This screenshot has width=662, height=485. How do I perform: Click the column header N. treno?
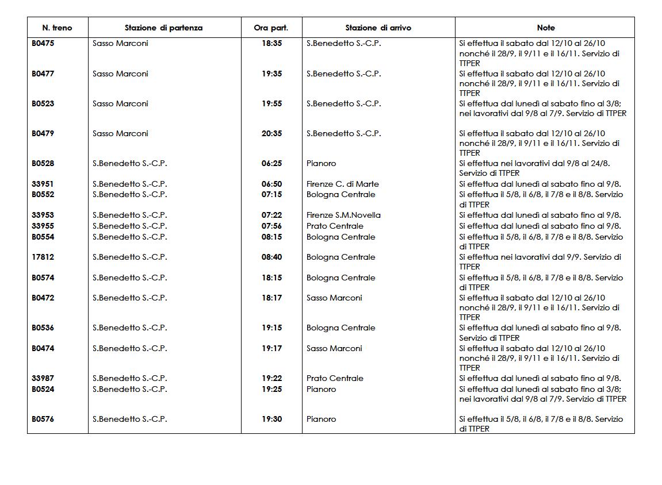58,28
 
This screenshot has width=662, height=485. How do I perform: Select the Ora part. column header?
271,28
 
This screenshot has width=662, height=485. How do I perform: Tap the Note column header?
545,28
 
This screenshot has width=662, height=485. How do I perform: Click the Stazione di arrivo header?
378,28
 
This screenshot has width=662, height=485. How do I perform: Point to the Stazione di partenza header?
163,28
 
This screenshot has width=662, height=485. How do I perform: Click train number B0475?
43,43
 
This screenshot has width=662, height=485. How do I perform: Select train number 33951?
43,184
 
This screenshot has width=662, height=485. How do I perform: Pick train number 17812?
43,257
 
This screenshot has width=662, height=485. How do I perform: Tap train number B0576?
43,419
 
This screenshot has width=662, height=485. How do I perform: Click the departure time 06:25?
271,163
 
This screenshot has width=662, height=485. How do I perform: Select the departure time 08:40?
271,257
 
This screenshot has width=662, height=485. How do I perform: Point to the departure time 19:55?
271,103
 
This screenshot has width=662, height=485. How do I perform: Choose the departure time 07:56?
271,226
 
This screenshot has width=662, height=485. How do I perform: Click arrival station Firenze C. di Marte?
342,184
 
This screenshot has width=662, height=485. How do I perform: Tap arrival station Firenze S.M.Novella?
343,215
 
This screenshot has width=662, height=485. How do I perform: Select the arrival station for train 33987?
335,378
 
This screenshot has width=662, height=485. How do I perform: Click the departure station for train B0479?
120,133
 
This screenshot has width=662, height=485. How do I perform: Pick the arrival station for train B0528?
321,163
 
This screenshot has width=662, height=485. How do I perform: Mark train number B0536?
43,328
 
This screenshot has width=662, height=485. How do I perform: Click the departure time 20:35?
271,133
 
